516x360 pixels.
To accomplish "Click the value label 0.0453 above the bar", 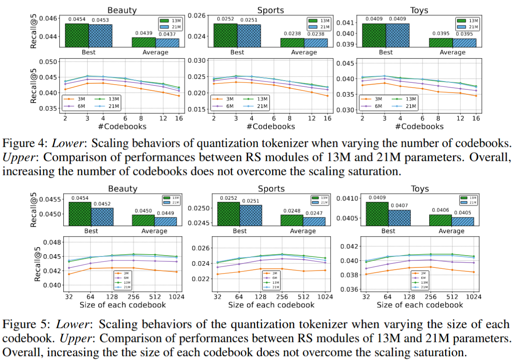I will point(100,20).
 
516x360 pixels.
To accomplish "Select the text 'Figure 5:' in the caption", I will point(22,324).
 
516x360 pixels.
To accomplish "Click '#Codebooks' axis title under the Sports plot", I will point(270,126).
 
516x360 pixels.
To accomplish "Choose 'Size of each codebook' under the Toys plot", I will point(420,304).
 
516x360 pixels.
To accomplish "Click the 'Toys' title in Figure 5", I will point(420,189).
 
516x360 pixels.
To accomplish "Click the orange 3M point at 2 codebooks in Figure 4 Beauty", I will point(65,89).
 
